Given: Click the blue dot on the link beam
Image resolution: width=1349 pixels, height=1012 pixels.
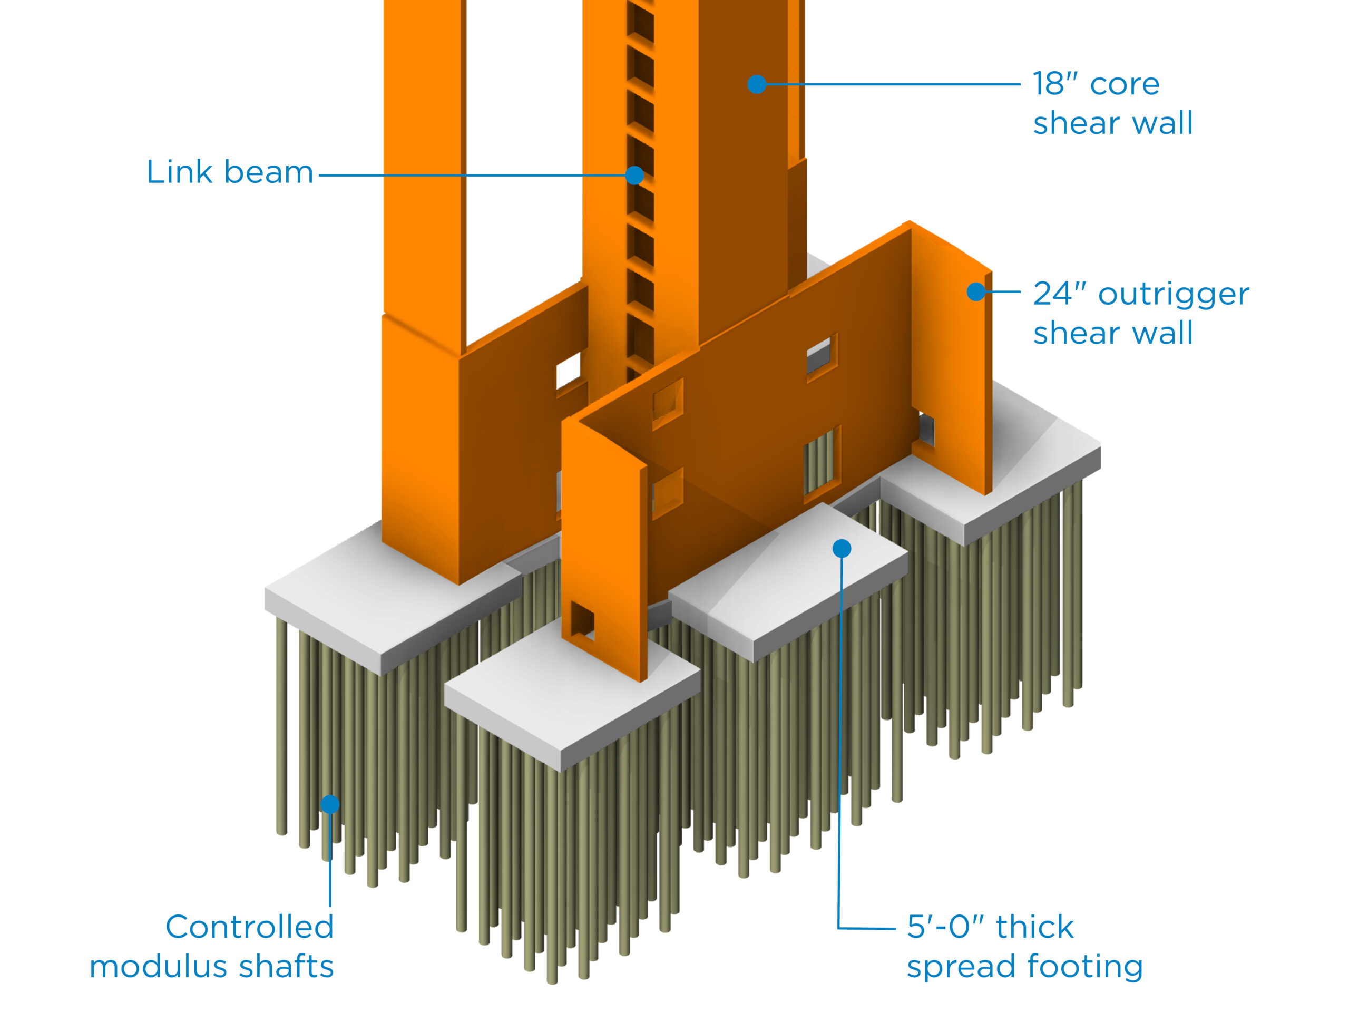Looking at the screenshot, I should pos(634,176).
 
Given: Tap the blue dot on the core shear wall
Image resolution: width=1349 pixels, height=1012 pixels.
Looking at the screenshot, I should pos(756,84).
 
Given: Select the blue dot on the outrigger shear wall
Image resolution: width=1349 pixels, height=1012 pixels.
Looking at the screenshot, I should pos(976,291).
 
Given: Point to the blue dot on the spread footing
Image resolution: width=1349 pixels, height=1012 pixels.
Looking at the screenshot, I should pos(842,548).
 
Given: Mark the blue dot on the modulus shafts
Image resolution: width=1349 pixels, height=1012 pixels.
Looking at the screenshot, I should pos(330,804).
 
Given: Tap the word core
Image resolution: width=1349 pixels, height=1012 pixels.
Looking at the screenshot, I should pos(1125,84).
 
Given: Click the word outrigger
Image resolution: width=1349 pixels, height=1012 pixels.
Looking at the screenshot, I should pos(1174,295).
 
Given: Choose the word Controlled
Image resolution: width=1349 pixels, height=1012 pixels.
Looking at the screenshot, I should pos(249,927).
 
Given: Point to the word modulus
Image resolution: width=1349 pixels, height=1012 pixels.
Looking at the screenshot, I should pos(159,967).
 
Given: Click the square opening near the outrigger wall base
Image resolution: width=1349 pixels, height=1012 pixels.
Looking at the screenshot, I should pos(582,621).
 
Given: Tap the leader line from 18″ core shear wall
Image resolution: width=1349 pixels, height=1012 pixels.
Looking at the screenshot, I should pos(891,84).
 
